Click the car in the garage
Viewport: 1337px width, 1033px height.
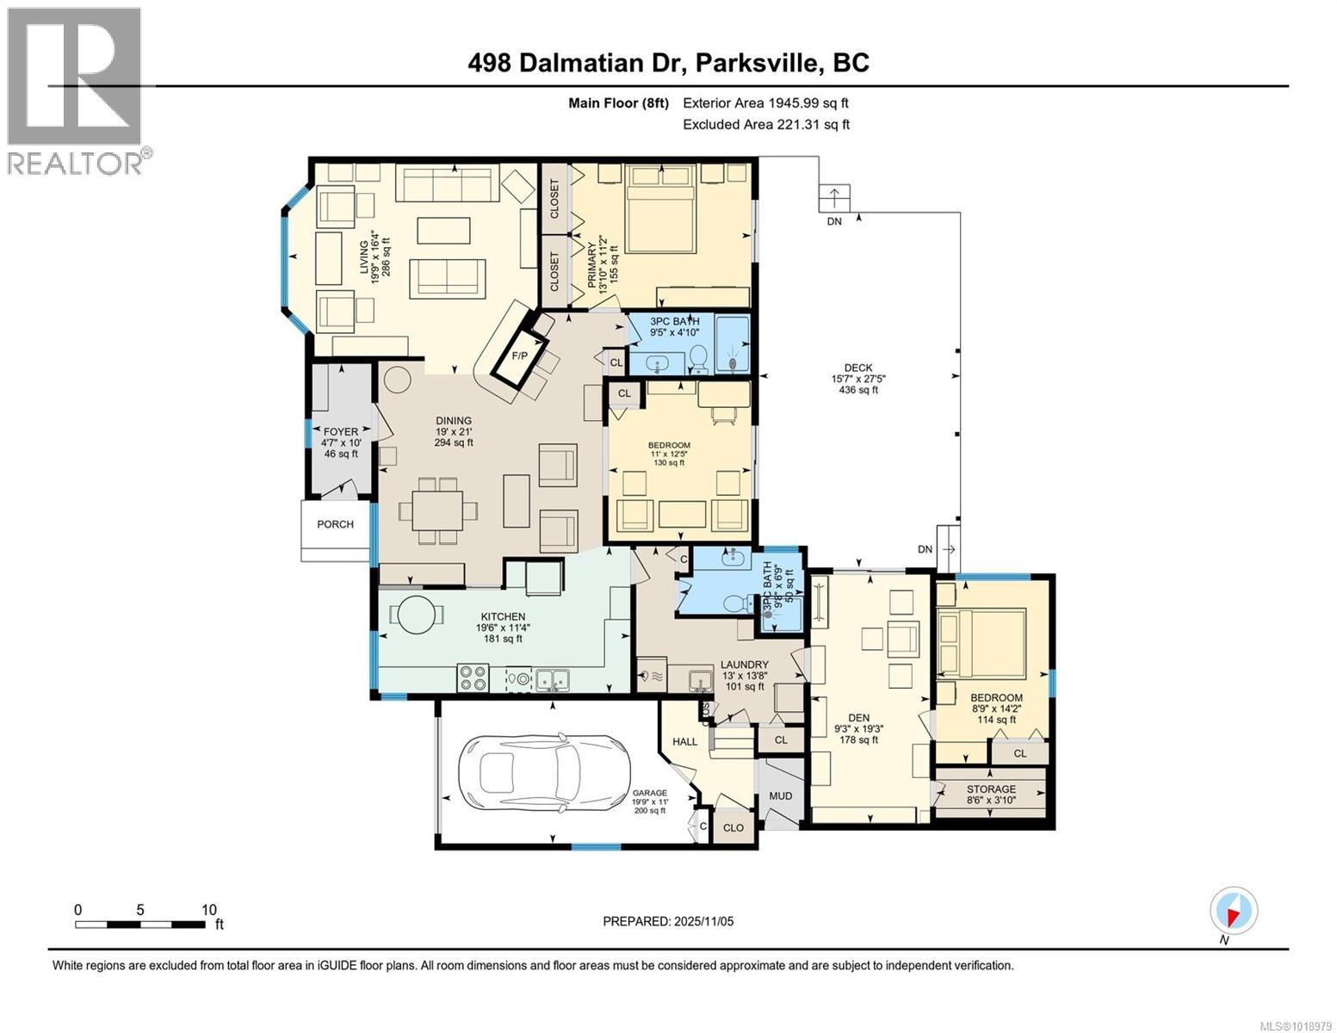point(543,772)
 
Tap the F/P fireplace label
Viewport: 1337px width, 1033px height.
point(519,355)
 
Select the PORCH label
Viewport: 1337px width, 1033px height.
point(335,524)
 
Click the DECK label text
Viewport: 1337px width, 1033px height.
point(857,368)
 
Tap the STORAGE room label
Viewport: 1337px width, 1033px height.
point(991,789)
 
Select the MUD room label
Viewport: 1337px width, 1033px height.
point(780,796)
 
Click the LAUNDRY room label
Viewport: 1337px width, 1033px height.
point(745,665)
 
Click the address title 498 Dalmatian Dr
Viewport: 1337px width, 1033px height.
point(668,63)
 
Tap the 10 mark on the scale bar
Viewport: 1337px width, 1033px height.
point(208,910)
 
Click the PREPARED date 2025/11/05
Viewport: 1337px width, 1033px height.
point(668,921)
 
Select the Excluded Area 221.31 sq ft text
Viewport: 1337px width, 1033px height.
point(765,124)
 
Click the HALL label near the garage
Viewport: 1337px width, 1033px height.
point(685,741)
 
